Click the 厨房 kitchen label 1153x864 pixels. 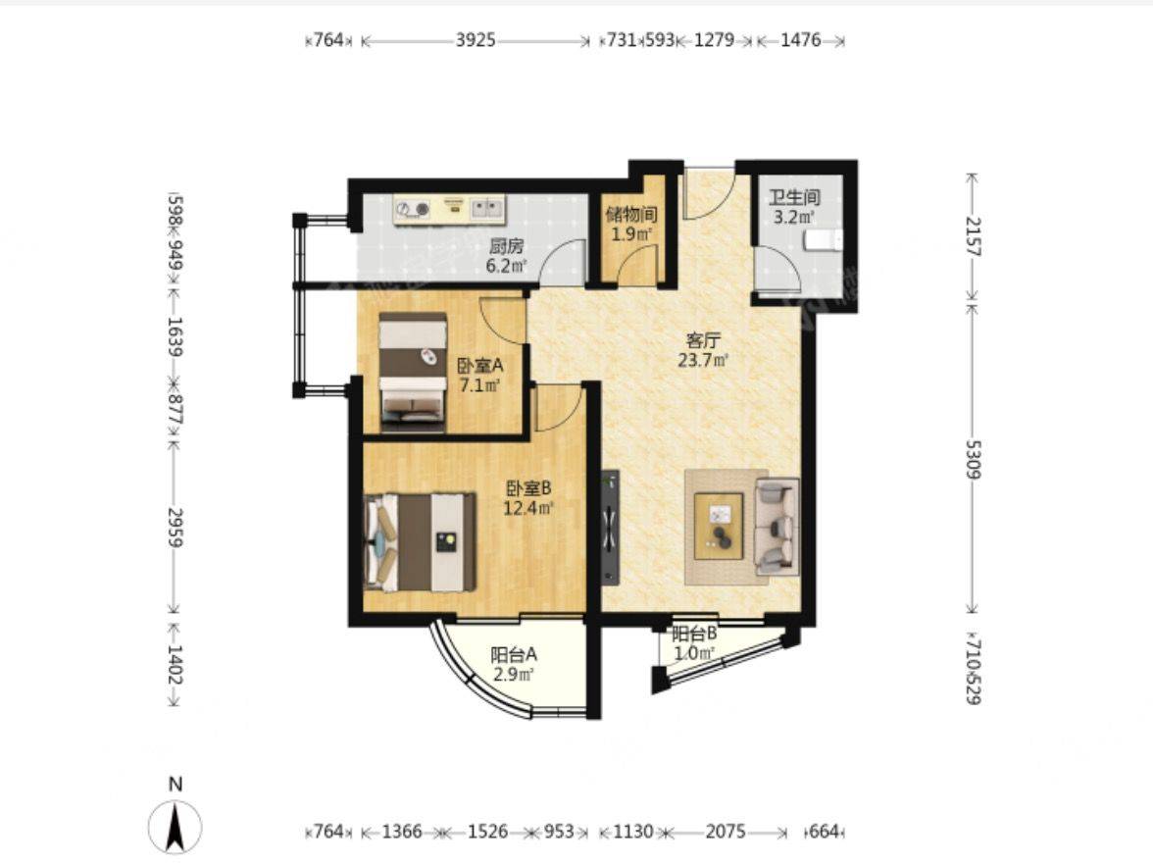(507, 245)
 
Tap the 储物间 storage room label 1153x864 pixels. (631, 215)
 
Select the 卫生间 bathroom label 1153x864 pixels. (794, 198)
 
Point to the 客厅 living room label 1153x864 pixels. (703, 340)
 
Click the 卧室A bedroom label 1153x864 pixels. (480, 366)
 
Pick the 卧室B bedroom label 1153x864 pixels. (528, 488)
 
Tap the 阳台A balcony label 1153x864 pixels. (514, 654)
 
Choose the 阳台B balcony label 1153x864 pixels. (694, 634)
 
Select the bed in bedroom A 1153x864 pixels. (414, 372)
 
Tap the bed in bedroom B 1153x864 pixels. (421, 542)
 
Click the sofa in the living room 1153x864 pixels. (777, 526)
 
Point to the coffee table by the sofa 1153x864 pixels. (720, 527)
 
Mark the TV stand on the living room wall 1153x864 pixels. (610, 528)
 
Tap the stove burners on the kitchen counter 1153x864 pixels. (413, 210)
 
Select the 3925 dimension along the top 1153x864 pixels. (476, 39)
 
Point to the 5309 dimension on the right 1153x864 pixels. (973, 460)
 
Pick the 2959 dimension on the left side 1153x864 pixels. (175, 528)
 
